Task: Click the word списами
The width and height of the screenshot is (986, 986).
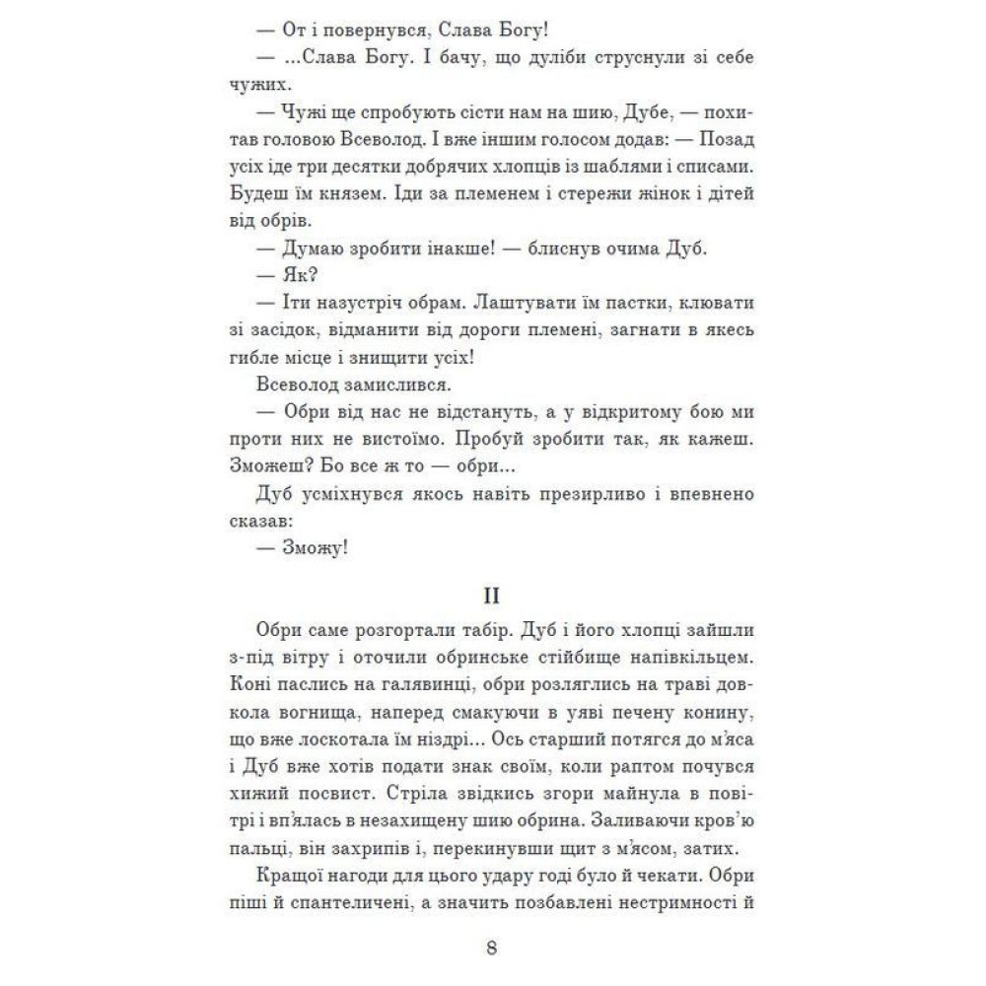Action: coord(716,159)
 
